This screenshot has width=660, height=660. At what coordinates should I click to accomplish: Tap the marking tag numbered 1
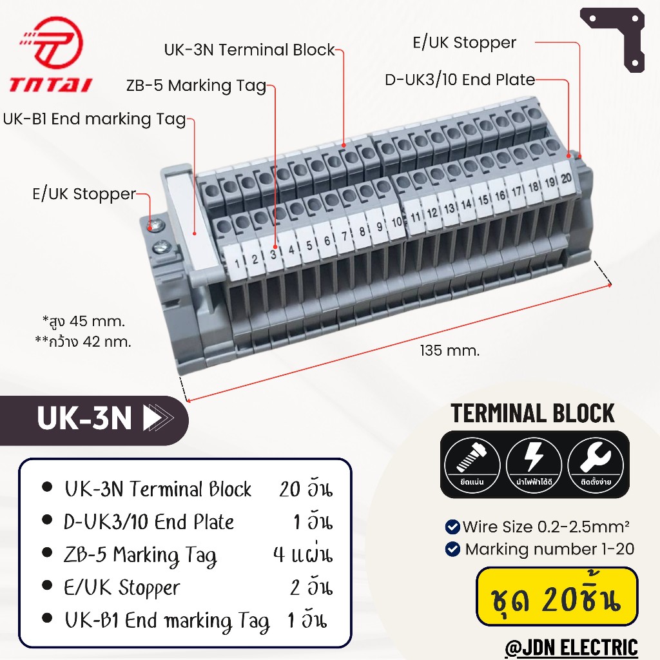[236, 262]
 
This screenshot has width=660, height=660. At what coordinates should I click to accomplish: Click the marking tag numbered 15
[482, 200]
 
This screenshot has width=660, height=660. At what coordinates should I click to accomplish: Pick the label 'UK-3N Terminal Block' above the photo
[249, 50]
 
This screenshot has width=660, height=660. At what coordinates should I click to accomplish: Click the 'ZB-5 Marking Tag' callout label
[196, 86]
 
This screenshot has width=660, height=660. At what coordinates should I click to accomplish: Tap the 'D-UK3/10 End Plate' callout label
[460, 79]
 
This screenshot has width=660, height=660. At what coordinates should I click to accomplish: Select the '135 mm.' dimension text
[449, 351]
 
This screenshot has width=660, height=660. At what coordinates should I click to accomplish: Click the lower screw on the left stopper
[160, 246]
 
